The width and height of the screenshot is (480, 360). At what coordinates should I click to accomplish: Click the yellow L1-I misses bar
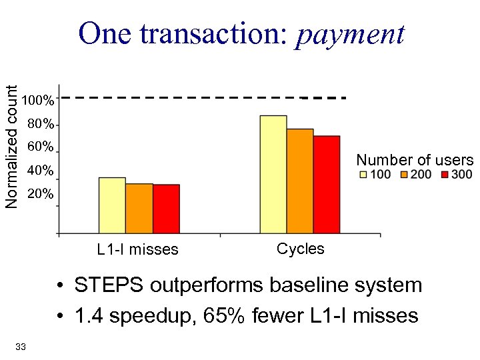click(112, 205)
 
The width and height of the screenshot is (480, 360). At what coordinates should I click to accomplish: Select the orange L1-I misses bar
click(139, 208)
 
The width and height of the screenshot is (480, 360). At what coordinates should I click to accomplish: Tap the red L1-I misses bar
click(166, 209)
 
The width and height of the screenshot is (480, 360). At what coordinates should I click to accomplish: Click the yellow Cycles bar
click(273, 174)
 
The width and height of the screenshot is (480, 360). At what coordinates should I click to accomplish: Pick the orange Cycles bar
click(300, 181)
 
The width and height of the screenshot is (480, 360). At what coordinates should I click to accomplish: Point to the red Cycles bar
click(327, 184)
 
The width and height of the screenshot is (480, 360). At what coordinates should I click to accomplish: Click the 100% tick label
click(38, 101)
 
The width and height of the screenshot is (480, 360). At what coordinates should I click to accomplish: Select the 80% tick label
click(40, 125)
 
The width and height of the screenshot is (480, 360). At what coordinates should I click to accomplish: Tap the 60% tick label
click(40, 147)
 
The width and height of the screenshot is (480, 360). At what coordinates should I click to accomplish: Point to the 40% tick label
click(40, 171)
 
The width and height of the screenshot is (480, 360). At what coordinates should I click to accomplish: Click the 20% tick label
click(40, 195)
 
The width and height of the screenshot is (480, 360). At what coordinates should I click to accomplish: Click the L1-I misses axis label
click(137, 250)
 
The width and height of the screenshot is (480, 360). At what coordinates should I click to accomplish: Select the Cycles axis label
click(300, 249)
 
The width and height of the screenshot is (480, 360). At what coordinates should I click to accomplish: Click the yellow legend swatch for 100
click(363, 175)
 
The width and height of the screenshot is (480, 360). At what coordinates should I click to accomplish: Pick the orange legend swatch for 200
click(405, 175)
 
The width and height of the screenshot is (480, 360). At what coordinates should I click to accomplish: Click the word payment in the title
click(350, 33)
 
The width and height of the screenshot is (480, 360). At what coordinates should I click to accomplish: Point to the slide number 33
click(20, 346)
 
